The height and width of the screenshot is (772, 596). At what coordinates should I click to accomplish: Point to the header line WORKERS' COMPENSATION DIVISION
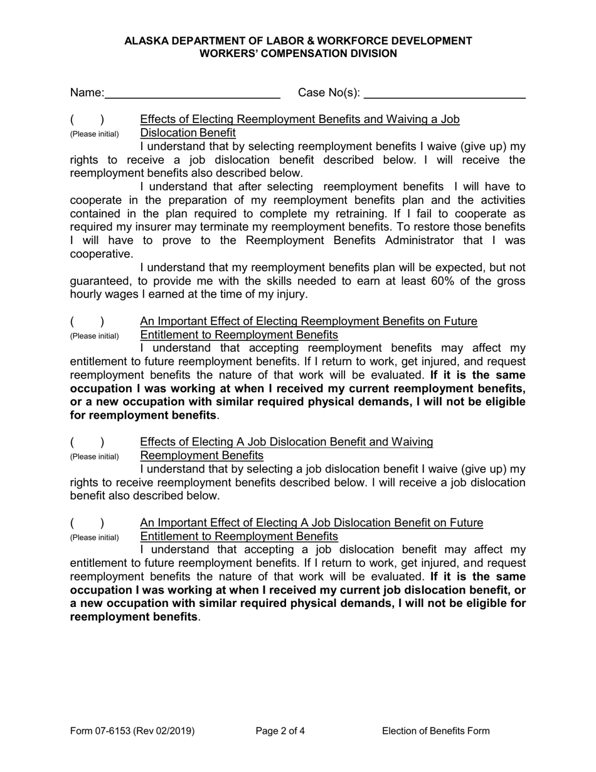[298, 53]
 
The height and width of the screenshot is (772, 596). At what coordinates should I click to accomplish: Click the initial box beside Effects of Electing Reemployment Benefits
[87, 120]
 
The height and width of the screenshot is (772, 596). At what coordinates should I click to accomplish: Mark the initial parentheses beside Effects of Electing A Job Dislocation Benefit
[87, 442]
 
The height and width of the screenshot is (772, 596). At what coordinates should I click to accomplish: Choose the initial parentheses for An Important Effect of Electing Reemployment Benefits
[87, 322]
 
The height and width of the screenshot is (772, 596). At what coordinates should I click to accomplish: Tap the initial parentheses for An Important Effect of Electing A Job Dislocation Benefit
[87, 523]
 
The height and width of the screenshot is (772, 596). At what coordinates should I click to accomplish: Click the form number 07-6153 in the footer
[111, 731]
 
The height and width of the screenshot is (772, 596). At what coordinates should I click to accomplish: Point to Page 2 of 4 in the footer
[280, 731]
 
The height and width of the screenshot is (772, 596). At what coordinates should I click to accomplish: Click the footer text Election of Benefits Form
[435, 731]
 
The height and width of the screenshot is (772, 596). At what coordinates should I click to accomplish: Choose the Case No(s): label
[329, 94]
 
